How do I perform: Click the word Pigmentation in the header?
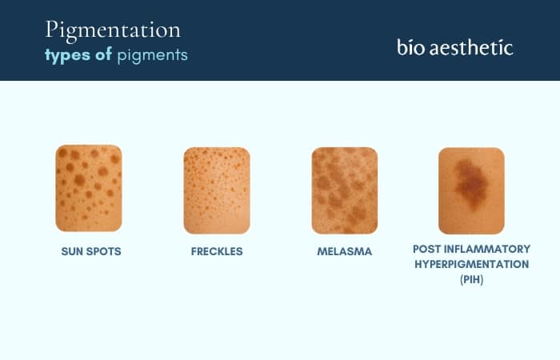pos(112,30)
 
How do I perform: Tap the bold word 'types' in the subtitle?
pos(66,55)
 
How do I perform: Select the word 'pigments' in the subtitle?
pos(153,56)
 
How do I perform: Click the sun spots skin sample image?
pos(89,188)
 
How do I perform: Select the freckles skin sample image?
pos(217,190)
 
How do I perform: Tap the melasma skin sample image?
pos(344,190)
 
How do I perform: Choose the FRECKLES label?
pos(217,251)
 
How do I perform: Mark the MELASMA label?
pos(344,251)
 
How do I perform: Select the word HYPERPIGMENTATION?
pos(471,264)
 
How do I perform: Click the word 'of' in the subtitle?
pos(102,55)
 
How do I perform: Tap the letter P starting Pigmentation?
pos(51,30)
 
